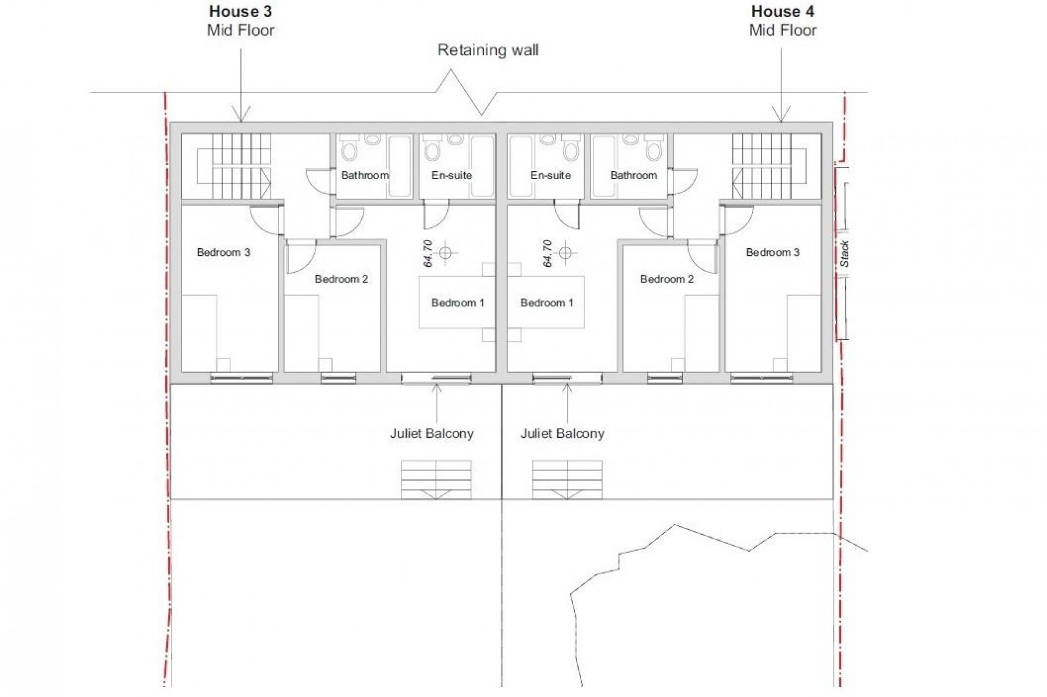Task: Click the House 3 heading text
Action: click(x=240, y=11)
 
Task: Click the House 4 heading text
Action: click(x=782, y=11)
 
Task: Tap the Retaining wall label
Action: click(x=487, y=50)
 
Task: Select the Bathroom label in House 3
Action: click(x=365, y=175)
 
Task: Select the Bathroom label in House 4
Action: click(x=633, y=175)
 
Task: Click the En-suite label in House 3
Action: click(x=451, y=175)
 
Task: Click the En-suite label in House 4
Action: click(x=550, y=175)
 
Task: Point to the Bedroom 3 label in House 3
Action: click(x=223, y=252)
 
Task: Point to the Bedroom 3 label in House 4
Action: click(x=772, y=252)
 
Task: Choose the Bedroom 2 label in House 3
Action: click(x=341, y=279)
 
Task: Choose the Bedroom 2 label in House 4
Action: click(x=667, y=279)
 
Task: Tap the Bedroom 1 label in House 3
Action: click(x=457, y=303)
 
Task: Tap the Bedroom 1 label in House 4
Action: click(x=546, y=303)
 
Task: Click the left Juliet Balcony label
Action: click(x=432, y=434)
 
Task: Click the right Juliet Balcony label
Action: click(x=562, y=434)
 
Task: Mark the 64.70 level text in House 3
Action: click(x=428, y=253)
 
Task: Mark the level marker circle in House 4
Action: click(x=565, y=253)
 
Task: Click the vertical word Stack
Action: click(x=845, y=254)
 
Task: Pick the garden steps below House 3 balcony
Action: click(x=436, y=480)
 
